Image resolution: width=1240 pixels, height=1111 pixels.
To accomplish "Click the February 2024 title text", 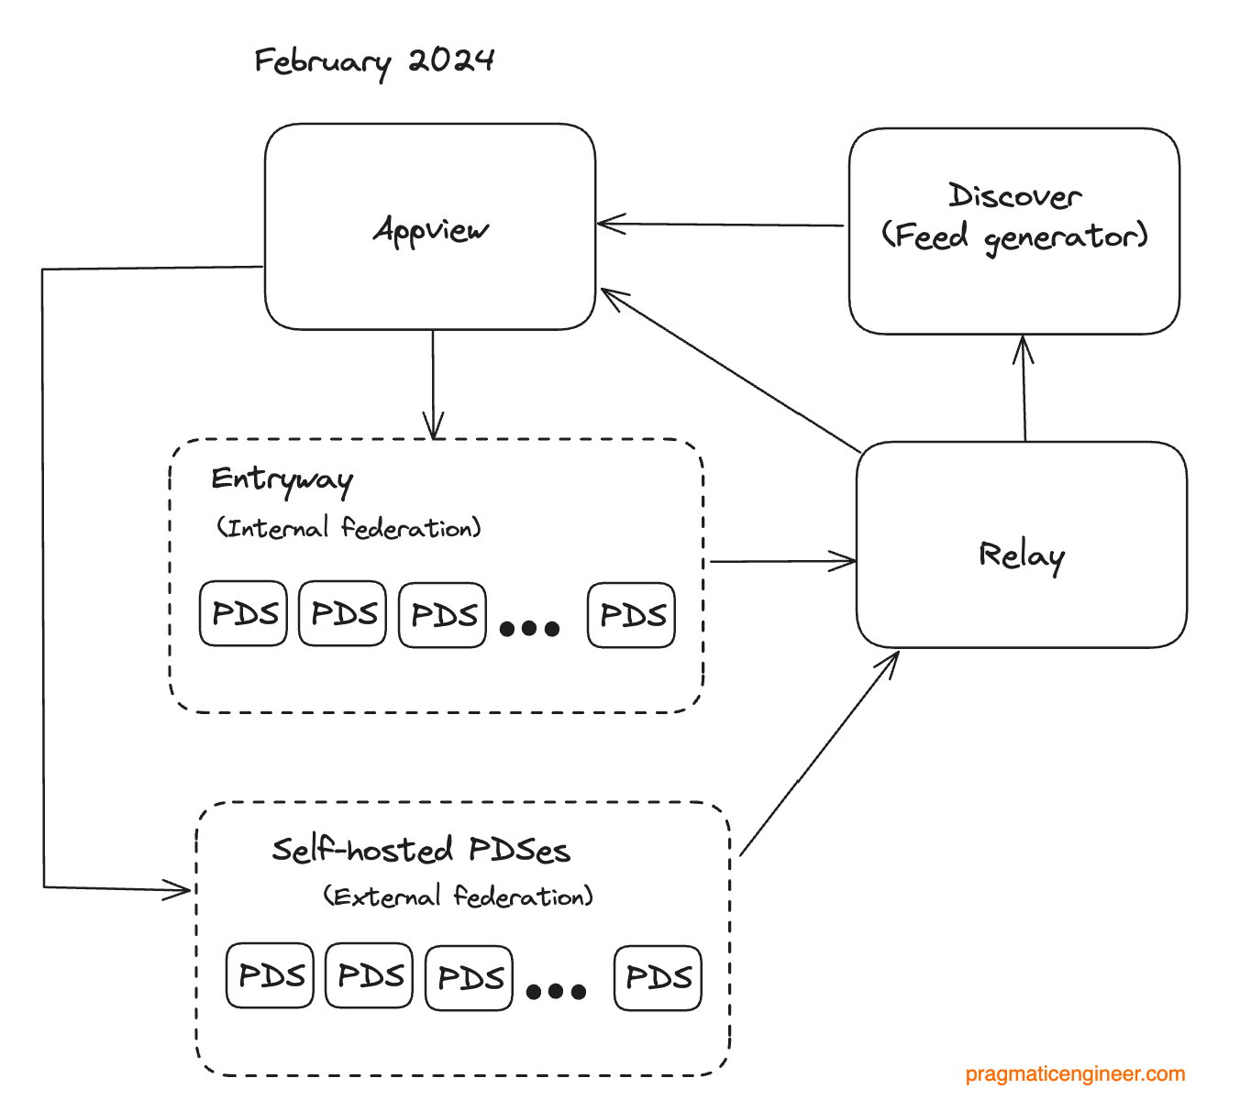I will coord(374,62).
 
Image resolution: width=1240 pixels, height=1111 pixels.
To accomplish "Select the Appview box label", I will coord(431,229).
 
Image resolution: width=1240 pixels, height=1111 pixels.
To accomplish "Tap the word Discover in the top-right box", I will coord(1014,196).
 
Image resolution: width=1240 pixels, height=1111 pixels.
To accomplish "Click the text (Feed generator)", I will coord(1014,237).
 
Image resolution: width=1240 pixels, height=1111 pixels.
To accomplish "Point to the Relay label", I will coord(1021,555).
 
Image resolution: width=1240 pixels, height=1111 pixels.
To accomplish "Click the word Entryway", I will coord(282,480).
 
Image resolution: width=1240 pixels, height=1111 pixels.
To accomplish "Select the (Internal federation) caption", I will coord(349,528).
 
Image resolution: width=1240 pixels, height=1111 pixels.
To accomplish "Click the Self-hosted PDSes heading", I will coord(421,850).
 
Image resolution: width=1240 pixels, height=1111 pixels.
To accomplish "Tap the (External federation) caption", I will coord(458,896).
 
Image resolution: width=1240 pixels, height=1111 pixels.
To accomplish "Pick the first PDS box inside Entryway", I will coord(244,613).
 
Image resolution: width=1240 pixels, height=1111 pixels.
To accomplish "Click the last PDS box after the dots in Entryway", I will coord(632,614).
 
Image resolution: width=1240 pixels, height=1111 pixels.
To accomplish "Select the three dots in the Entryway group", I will coord(529,629).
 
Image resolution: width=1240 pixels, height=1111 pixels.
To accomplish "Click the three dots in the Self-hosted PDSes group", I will coord(556,992).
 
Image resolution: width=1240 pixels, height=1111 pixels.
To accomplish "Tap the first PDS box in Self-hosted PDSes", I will coord(271,975).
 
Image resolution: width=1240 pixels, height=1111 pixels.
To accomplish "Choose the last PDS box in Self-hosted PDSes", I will coord(659,977).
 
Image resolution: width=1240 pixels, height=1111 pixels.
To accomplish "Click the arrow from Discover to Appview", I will coord(720,224).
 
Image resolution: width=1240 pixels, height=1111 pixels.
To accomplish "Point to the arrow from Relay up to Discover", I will coord(1024,389).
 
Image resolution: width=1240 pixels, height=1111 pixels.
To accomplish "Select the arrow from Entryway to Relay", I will coord(781,561).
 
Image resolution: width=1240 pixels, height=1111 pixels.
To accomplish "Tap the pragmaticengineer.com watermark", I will coord(1075,1074).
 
